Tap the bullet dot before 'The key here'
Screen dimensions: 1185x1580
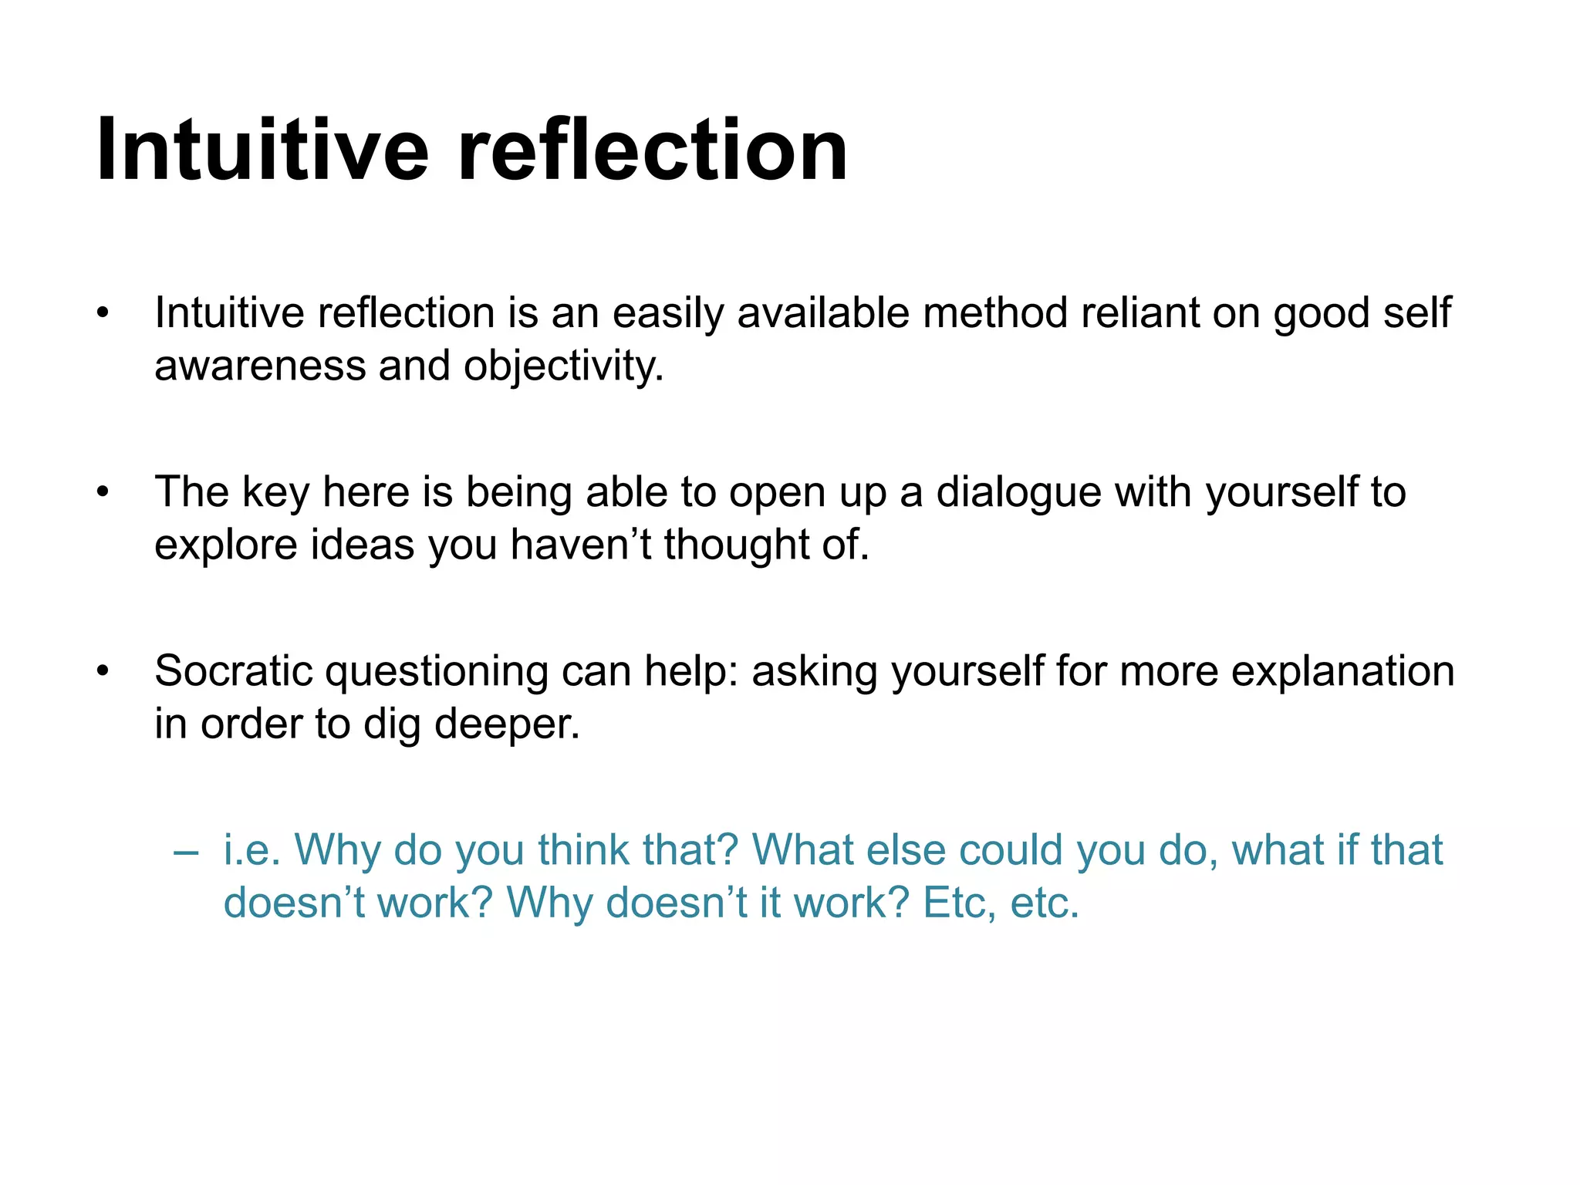(103, 492)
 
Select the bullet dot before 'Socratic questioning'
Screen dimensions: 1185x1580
(103, 671)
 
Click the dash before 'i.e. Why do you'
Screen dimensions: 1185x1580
(186, 852)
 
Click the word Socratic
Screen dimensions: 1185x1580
(233, 670)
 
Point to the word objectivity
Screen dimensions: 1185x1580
(563, 366)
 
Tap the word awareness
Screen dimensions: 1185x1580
(260, 366)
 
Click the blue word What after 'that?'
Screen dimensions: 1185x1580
(803, 850)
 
